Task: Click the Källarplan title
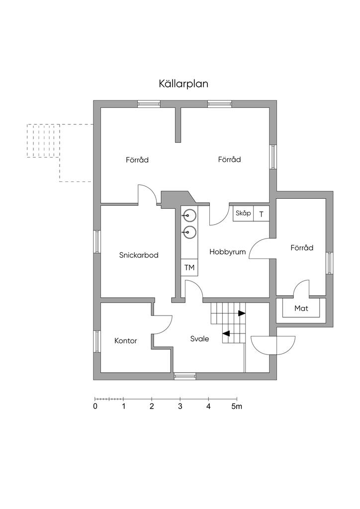pyautogui.click(x=183, y=84)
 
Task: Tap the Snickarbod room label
pyautogui.click(x=139, y=255)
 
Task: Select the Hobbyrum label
pyautogui.click(x=228, y=252)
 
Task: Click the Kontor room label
pyautogui.click(x=126, y=341)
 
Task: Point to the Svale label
pyautogui.click(x=199, y=339)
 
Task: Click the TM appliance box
pyautogui.click(x=189, y=267)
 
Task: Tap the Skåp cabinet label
pyautogui.click(x=243, y=213)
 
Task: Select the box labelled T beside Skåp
pyautogui.click(x=262, y=214)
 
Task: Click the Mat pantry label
pyautogui.click(x=301, y=308)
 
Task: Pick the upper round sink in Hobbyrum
pyautogui.click(x=189, y=215)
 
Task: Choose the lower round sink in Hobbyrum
pyautogui.click(x=189, y=232)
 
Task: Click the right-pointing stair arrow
pyautogui.click(x=242, y=313)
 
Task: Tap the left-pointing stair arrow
pyautogui.click(x=226, y=333)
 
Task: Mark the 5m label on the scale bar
pyautogui.click(x=237, y=407)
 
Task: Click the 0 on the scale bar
pyautogui.click(x=95, y=407)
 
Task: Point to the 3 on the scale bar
pyautogui.click(x=180, y=407)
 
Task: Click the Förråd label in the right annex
pyautogui.click(x=302, y=248)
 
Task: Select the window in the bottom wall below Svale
pyautogui.click(x=185, y=376)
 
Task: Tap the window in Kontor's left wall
pyautogui.click(x=97, y=341)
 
